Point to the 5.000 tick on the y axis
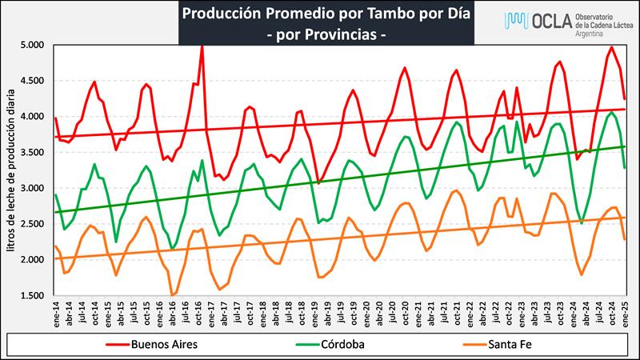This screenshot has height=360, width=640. pos(34,45)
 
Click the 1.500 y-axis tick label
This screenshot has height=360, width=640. pos(34,296)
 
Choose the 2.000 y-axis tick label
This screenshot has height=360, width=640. pos(34,260)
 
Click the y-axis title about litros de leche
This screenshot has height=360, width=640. pos(10,170)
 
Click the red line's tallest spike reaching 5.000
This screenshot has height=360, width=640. pos(202,46)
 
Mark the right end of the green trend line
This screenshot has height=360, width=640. pos(625,146)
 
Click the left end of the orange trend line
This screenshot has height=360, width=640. pos(55,258)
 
